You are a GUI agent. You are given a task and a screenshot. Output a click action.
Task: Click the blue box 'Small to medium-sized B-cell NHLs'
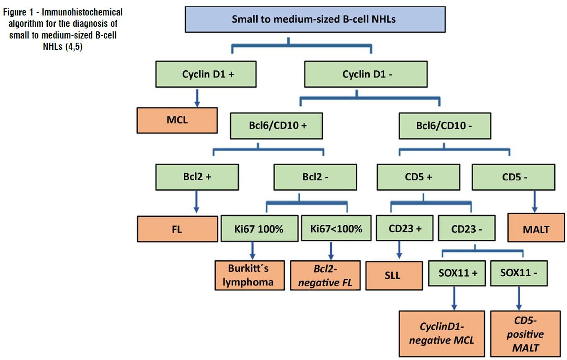coord(313,20)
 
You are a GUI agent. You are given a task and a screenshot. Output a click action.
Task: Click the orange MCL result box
coord(177,120)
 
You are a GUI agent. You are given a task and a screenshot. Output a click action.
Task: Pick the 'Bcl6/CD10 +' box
coord(276,126)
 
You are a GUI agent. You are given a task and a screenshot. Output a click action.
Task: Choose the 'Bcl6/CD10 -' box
coord(445,126)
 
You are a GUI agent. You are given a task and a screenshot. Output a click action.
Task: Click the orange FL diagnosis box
coord(177,229)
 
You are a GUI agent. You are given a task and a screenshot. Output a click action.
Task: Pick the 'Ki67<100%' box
coord(336,229)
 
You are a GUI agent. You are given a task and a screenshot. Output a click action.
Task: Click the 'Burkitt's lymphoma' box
coord(250,275)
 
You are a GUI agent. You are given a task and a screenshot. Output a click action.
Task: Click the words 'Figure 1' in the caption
coord(21,12)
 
